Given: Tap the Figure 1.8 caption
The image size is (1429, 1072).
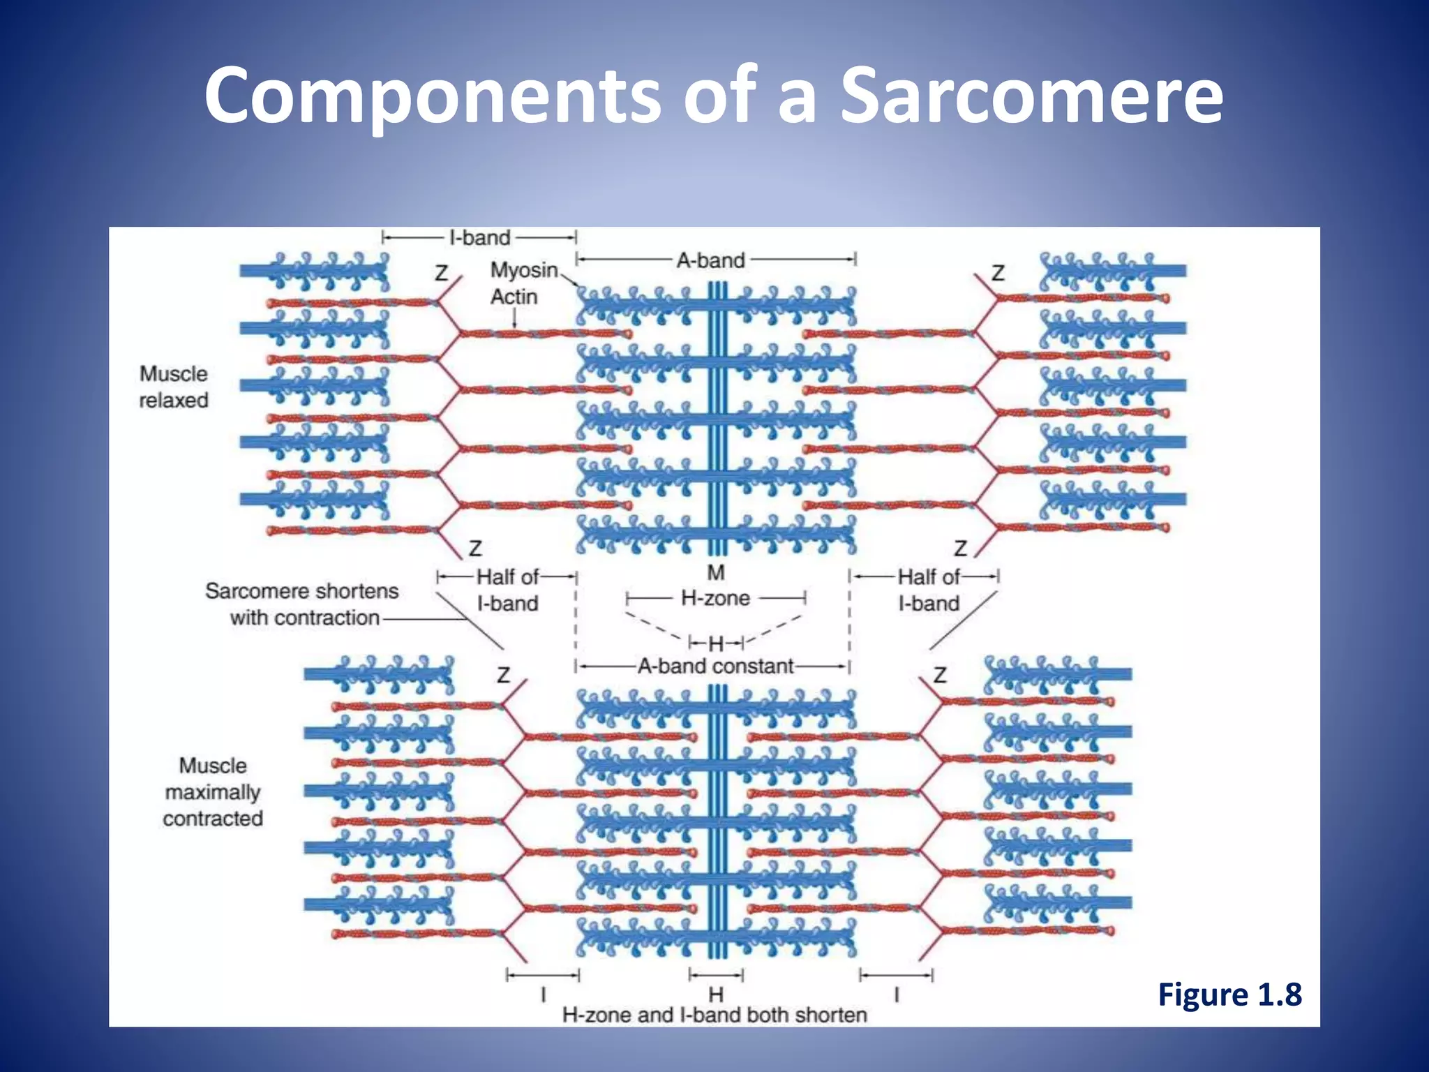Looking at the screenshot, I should pyautogui.click(x=1229, y=994).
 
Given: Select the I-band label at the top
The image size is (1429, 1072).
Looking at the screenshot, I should pyautogui.click(x=480, y=237).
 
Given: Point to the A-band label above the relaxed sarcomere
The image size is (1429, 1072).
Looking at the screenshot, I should pyautogui.click(x=710, y=260).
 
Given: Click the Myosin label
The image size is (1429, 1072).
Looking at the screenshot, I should pyautogui.click(x=523, y=270).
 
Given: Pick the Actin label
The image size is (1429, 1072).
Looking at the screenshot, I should pyautogui.click(x=514, y=297).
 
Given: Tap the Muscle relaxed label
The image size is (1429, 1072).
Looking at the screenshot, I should pyautogui.click(x=174, y=387).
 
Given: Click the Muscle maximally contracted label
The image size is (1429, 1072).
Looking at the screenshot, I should pyautogui.click(x=213, y=791).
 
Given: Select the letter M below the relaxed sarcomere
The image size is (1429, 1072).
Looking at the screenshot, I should pyautogui.click(x=716, y=572).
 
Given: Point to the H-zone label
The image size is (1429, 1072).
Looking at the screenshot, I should pyautogui.click(x=715, y=598).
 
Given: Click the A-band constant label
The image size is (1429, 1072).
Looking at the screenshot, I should pyautogui.click(x=715, y=666).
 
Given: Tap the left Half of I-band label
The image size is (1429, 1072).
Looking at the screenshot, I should pyautogui.click(x=507, y=590).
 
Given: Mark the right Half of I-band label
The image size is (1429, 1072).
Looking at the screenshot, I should pyautogui.click(x=928, y=590).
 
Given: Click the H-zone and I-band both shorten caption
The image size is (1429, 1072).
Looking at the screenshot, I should pyautogui.click(x=714, y=1015).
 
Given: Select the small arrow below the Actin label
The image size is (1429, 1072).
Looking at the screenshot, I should pyautogui.click(x=514, y=318).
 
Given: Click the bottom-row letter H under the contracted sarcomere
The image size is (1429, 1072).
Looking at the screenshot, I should pyautogui.click(x=716, y=994).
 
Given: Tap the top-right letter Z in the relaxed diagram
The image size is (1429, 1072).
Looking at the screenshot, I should pyautogui.click(x=998, y=273).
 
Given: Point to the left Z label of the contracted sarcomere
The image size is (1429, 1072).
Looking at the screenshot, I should pyautogui.click(x=503, y=675).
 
